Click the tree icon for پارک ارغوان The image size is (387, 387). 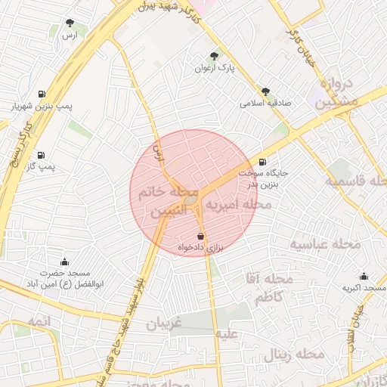[x=215, y=56]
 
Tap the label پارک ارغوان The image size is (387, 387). [x=215, y=68]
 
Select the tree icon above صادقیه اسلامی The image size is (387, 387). [x=265, y=91]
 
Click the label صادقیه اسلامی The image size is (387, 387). [x=265, y=104]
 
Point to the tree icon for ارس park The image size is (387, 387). [x=70, y=23]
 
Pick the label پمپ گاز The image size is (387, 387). [x=42, y=166]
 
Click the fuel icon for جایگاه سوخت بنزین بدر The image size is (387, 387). [x=262, y=161]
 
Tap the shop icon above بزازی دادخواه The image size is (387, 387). [x=200, y=236]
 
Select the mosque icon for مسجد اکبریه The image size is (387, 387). [x=364, y=276]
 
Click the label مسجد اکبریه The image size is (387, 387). [x=364, y=288]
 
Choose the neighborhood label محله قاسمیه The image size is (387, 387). [x=356, y=181]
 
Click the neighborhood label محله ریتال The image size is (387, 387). [x=294, y=354]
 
